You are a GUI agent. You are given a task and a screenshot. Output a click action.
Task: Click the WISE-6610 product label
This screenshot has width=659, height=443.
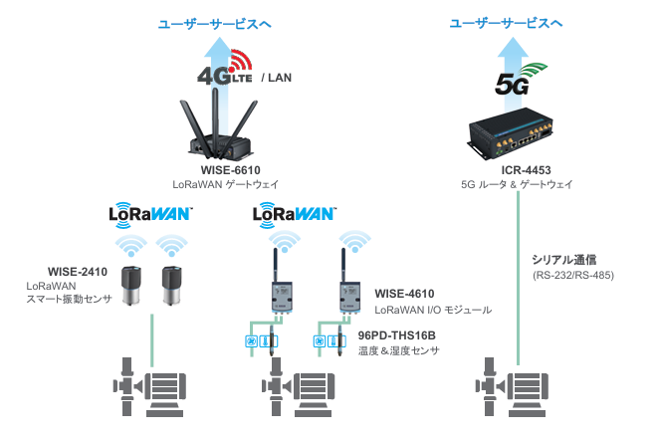coord(230,170)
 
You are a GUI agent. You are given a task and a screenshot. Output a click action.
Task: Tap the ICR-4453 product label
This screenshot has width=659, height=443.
coord(526,170)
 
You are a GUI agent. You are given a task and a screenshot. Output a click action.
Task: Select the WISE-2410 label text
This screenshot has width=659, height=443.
coord(78,272)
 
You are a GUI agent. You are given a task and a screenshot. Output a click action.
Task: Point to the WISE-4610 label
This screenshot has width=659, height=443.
coord(404,294)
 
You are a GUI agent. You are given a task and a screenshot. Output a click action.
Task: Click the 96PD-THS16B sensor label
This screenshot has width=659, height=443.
coord(397,335)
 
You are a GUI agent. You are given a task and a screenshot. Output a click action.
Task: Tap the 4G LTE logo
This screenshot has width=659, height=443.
coord(225,68)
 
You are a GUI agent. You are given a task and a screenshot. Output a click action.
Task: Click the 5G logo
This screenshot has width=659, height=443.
coord(521,80)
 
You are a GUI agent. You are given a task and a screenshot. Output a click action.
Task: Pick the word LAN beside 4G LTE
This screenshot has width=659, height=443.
coord(280,78)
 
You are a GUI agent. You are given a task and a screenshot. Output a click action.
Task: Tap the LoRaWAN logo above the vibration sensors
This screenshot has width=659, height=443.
coord(150,215)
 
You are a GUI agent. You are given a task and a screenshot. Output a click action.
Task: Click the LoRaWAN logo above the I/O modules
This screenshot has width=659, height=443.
coord(295,215)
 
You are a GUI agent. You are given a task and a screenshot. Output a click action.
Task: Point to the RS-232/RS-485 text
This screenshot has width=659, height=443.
coord(573,276)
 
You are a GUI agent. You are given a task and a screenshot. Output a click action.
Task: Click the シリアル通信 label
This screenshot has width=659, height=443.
coord(564,260)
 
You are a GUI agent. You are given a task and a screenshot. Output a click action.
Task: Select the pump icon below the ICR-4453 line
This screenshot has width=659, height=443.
coord(512,387)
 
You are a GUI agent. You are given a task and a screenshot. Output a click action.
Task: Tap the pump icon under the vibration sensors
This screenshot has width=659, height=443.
coord(149,387)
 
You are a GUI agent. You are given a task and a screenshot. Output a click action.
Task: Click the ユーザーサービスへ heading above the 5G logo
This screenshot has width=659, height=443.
coord(506,23)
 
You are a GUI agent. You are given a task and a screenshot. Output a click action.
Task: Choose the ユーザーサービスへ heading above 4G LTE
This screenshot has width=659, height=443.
coord(214,24)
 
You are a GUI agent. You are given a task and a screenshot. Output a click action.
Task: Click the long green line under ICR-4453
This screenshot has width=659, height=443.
coord(518,278)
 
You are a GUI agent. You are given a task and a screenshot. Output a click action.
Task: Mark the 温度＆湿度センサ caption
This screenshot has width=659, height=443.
coord(399,350)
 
